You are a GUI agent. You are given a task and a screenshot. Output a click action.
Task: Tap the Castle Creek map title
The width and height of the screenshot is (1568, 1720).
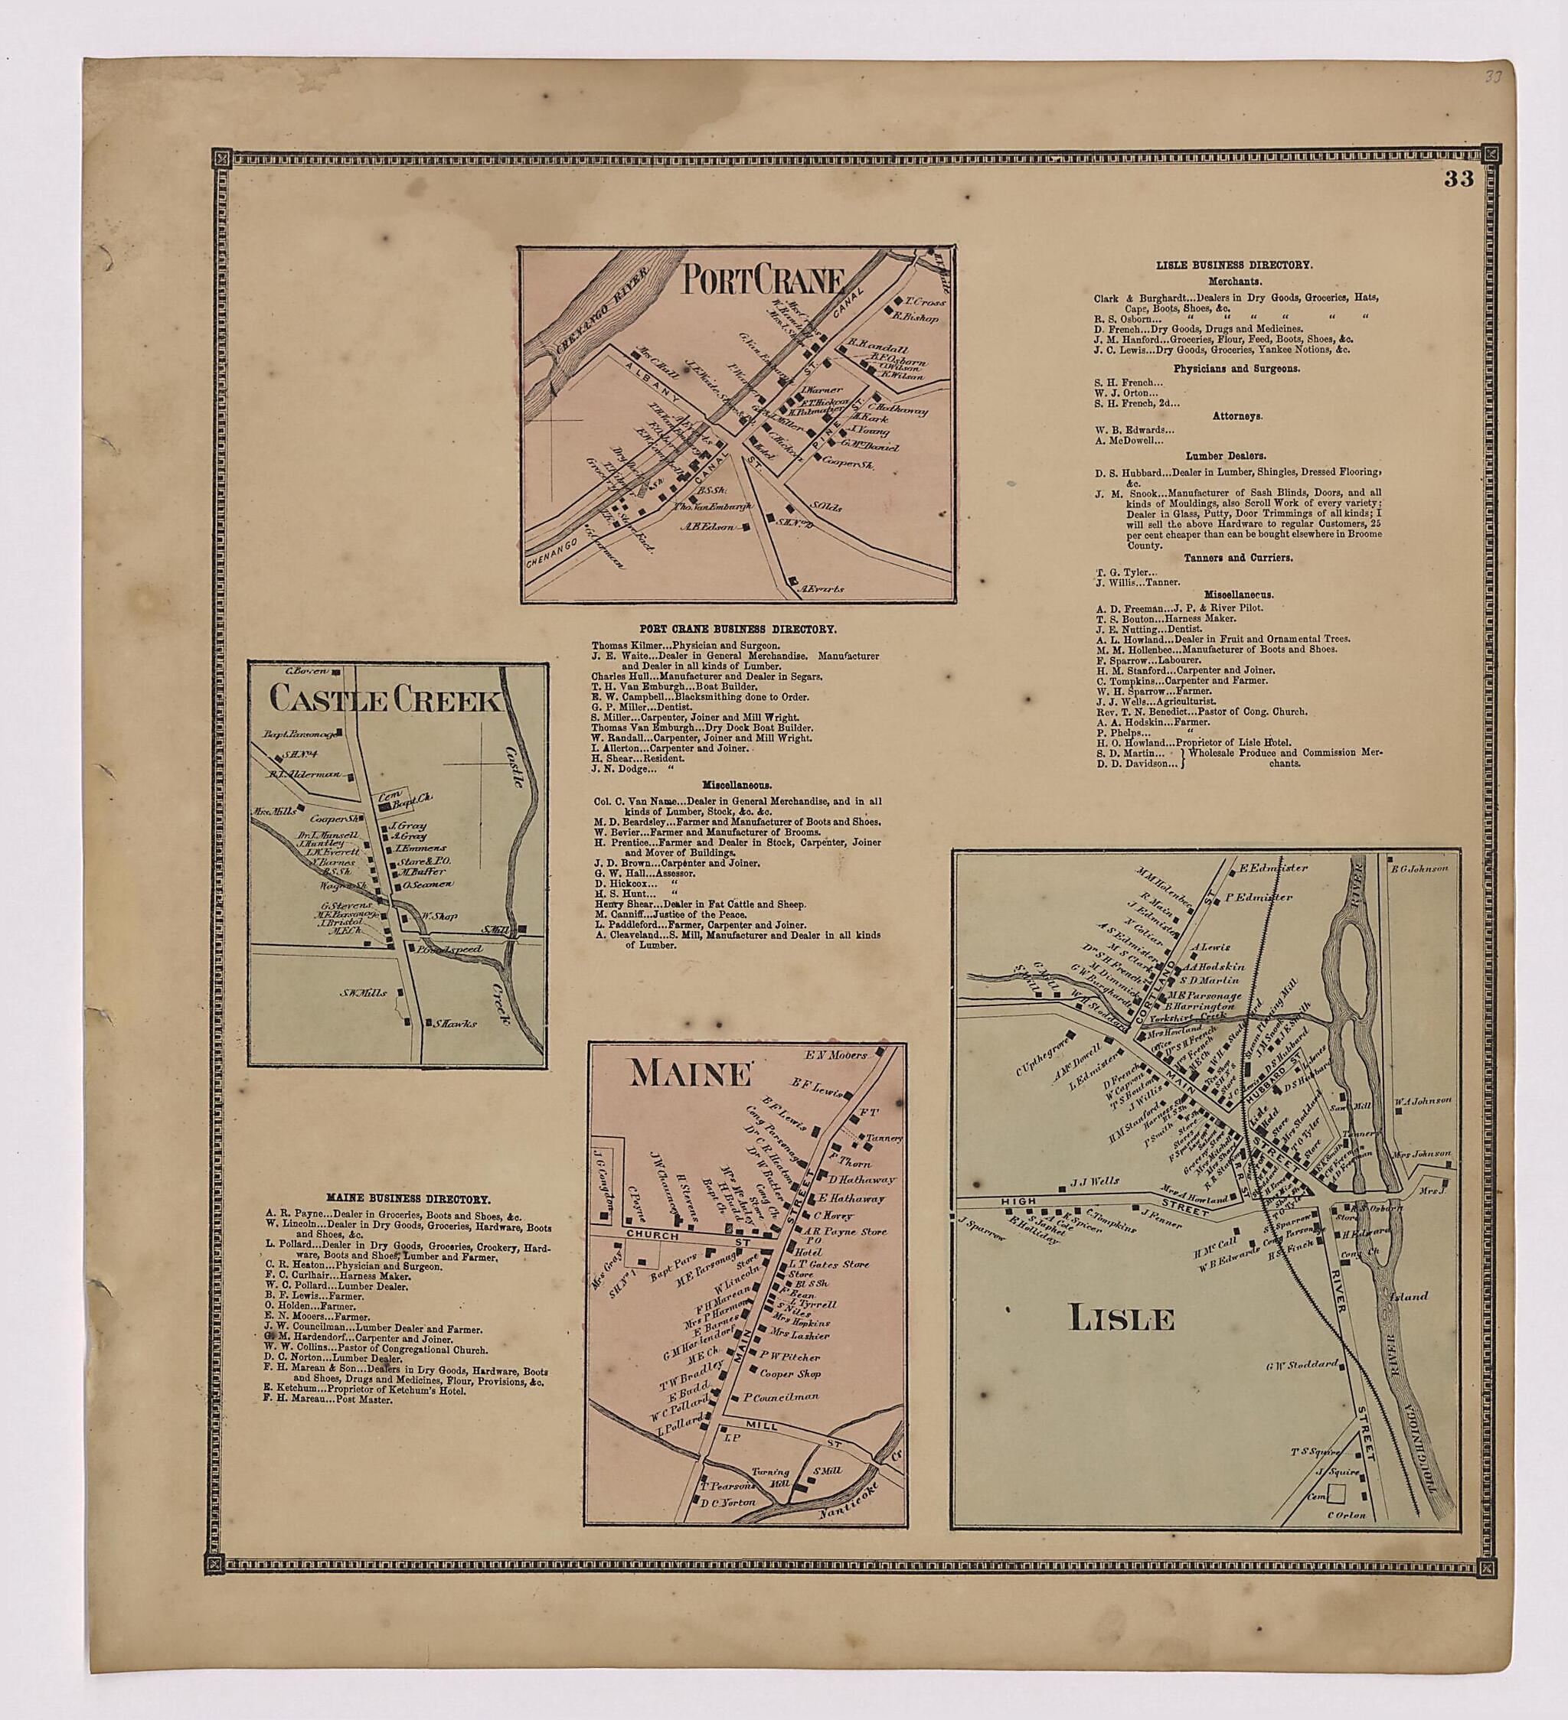[384, 702]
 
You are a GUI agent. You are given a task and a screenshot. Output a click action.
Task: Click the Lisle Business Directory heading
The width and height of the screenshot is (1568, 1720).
[1233, 265]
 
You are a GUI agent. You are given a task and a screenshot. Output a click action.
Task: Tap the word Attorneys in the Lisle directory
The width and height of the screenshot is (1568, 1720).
[1233, 415]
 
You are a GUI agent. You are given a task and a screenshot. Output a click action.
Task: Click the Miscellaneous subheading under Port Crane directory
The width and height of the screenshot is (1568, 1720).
[737, 783]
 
